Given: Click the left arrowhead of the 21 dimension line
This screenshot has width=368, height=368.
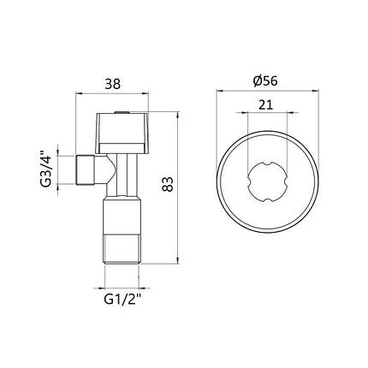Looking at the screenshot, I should [249, 116].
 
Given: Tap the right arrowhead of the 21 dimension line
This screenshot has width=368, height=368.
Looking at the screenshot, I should [287, 116].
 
